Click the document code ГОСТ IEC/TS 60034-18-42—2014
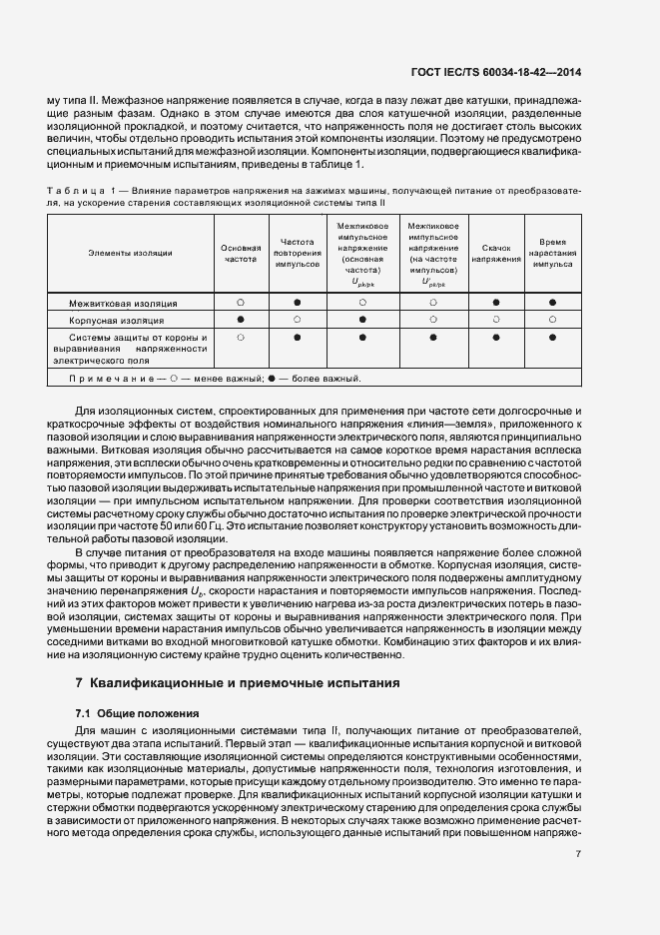[535, 72]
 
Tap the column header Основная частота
[241, 253]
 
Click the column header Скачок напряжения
[496, 253]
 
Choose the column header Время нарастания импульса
[552, 253]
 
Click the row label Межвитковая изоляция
[123, 302]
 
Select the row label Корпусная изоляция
[117, 321]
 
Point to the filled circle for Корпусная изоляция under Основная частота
[241, 320]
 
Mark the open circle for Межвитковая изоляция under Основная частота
[241, 301]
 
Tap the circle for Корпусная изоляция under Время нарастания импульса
[552, 320]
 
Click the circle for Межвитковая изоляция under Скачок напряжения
[496, 301]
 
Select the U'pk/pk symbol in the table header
[432, 282]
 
